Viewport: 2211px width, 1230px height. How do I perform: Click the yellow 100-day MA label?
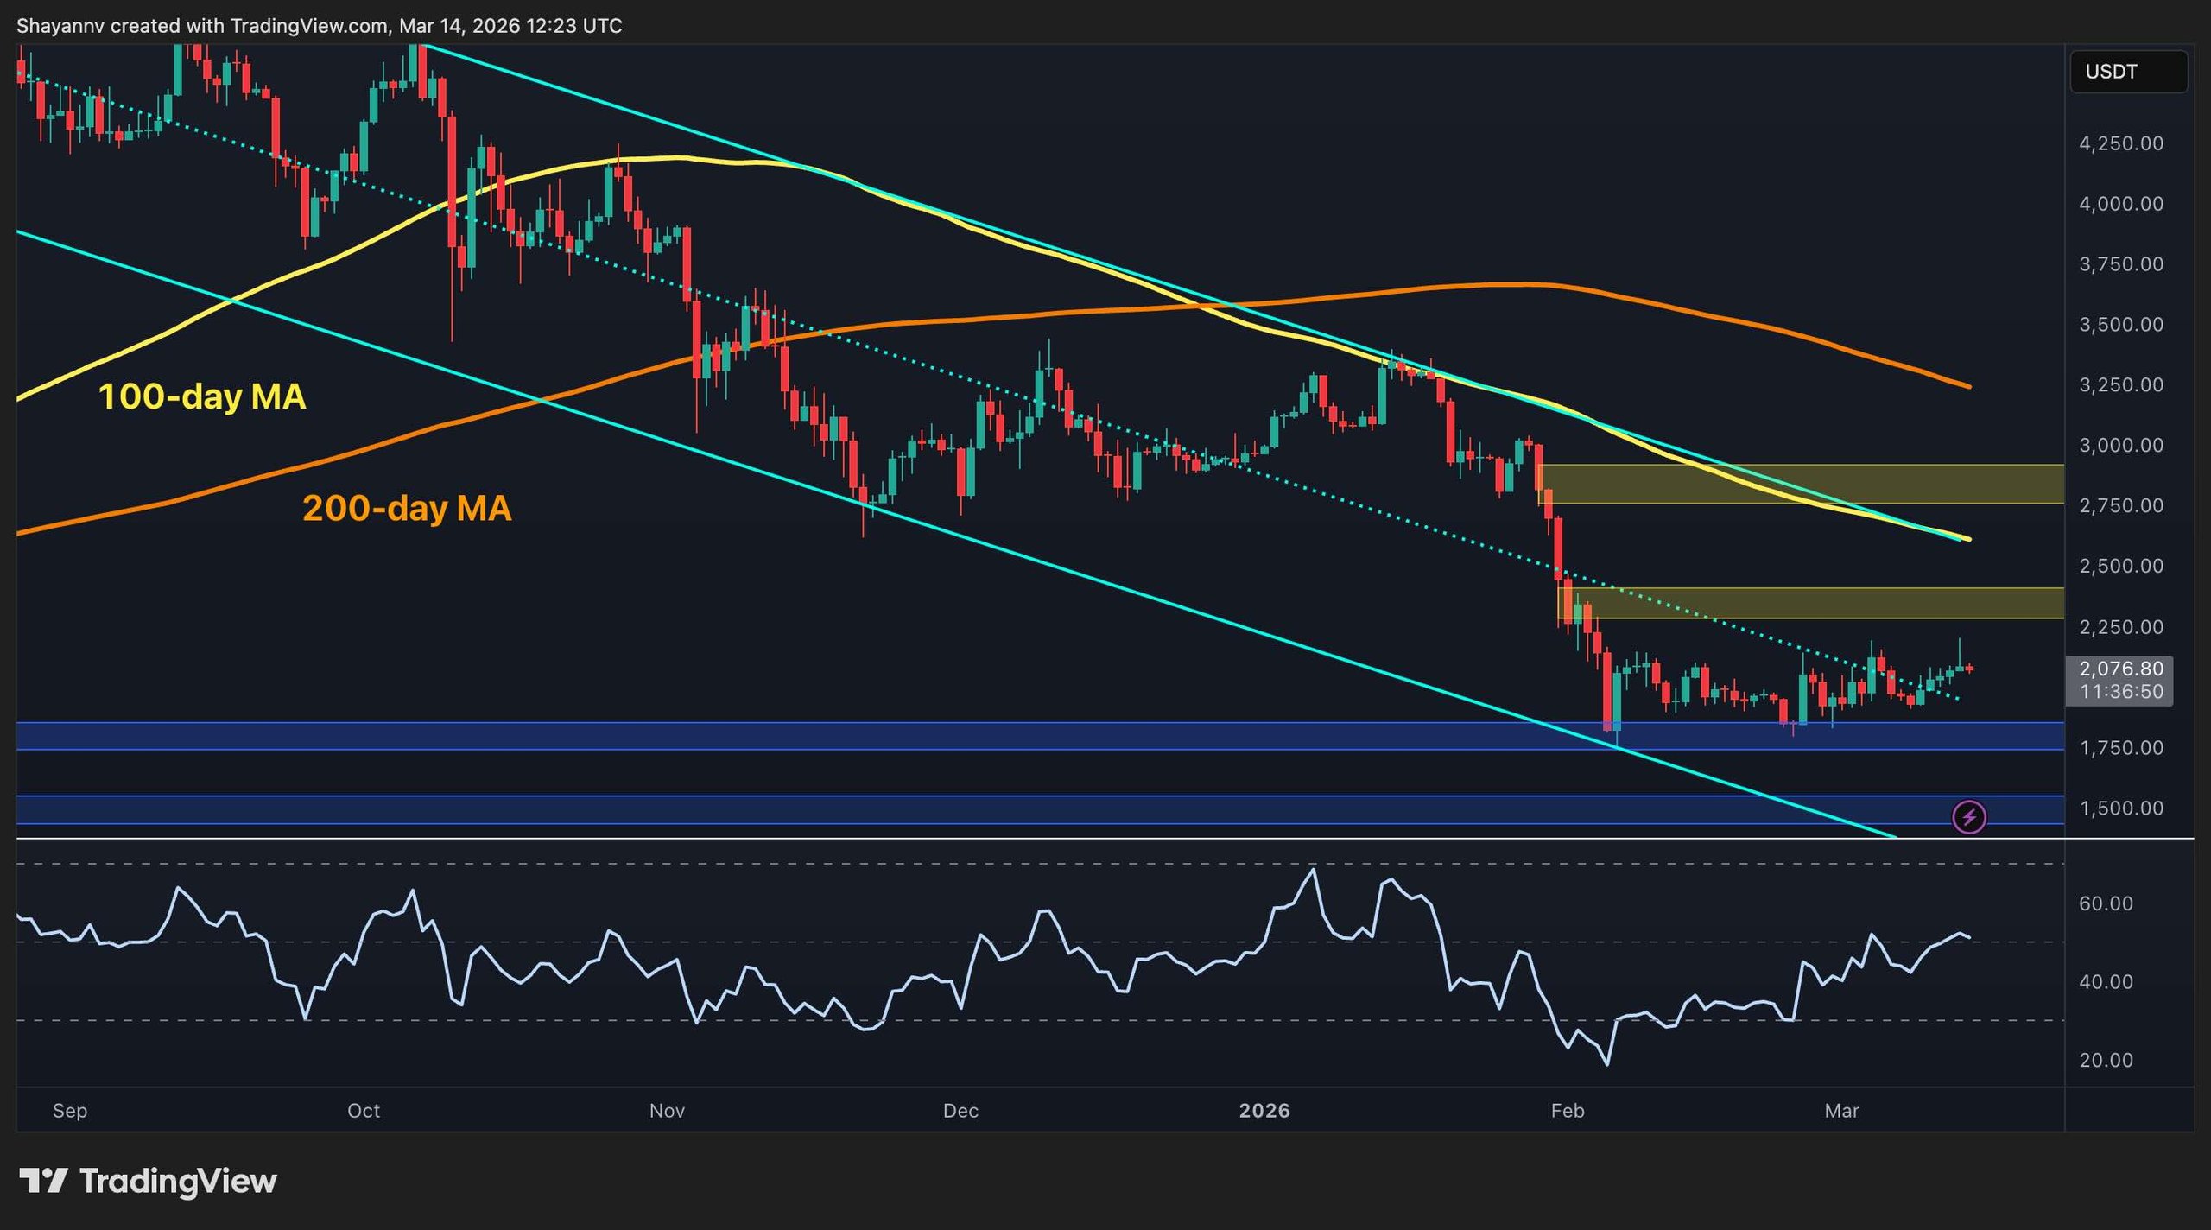tap(202, 396)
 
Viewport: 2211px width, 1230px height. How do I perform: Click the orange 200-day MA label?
tap(407, 508)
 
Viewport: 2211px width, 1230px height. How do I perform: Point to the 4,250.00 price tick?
tap(2120, 143)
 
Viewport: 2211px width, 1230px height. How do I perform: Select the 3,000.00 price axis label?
tap(2120, 446)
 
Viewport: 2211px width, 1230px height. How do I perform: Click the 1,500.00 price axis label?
tap(2120, 808)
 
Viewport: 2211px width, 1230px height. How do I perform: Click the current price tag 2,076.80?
tap(2120, 669)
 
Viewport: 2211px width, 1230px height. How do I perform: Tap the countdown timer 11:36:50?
tap(2120, 692)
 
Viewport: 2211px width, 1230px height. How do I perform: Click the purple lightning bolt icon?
tap(1969, 816)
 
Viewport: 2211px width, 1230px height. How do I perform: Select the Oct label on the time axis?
tap(364, 1111)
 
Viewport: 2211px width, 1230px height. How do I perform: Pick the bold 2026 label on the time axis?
tap(1264, 1111)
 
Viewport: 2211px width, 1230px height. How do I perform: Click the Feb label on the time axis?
tap(1568, 1111)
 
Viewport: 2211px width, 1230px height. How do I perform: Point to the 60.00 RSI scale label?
tap(2106, 903)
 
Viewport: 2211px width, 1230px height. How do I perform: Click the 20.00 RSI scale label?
tap(2106, 1061)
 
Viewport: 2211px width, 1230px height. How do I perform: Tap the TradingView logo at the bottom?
tap(149, 1181)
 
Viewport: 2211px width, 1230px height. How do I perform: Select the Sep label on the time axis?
tap(70, 1111)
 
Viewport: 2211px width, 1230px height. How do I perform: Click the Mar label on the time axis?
tap(1841, 1111)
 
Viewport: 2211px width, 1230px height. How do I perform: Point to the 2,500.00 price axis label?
tap(2120, 567)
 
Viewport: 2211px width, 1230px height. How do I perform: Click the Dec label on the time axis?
tap(960, 1111)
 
